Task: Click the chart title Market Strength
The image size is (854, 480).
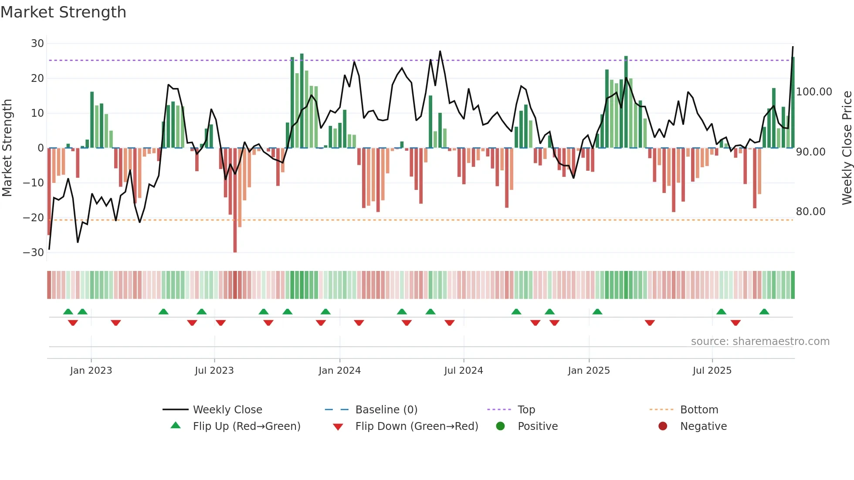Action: (63, 12)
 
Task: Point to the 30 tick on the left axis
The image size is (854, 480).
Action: (37, 44)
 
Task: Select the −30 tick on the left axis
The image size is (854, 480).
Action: (34, 253)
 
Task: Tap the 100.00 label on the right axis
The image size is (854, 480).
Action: (814, 92)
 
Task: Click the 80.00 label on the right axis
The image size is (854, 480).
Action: (810, 212)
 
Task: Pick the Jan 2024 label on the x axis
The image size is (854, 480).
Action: (339, 371)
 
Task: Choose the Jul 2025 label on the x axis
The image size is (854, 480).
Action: (712, 371)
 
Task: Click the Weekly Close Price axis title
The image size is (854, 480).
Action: (847, 148)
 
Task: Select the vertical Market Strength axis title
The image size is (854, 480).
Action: (7, 148)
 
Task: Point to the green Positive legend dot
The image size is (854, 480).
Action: (500, 426)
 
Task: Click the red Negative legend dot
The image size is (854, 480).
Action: (663, 426)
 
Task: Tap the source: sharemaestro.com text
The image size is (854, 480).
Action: (760, 341)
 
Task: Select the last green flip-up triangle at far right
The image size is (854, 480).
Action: (764, 311)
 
